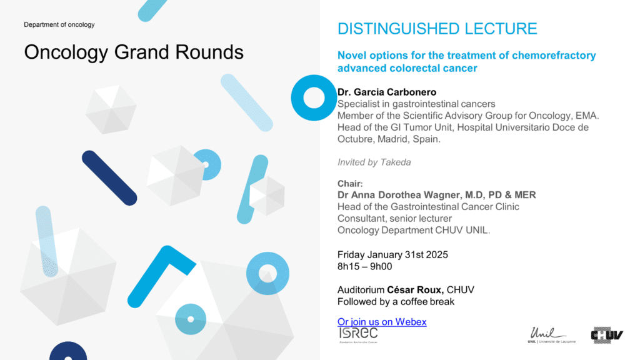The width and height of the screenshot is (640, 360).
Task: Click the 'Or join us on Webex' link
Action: point(382,322)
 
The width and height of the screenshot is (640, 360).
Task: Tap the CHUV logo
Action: point(607,335)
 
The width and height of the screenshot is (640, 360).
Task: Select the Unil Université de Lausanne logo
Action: point(551,335)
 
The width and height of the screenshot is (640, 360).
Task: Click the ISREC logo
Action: point(358,335)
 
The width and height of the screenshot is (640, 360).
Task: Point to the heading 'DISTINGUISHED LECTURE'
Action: point(437,29)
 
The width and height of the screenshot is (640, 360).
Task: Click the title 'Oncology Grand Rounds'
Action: point(134,52)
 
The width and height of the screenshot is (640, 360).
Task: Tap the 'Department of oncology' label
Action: point(59,24)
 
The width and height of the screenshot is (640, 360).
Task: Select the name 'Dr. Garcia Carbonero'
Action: point(387,92)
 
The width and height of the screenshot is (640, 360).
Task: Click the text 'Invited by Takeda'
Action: point(374,162)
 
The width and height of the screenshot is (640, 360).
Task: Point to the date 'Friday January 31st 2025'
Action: point(392,255)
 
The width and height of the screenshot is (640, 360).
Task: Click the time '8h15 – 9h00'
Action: point(364,266)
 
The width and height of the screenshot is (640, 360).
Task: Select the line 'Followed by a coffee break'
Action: point(396,302)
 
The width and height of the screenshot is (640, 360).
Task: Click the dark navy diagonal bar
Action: point(109,178)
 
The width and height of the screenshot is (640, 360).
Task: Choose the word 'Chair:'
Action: point(350,183)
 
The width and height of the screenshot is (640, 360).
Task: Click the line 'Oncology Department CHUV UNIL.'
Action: point(414,230)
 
